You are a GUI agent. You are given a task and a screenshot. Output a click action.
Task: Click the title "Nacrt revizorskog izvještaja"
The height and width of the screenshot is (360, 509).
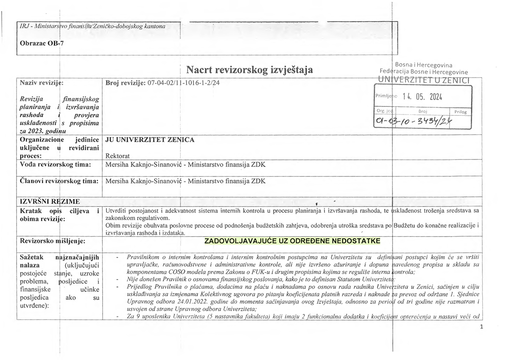(249, 70)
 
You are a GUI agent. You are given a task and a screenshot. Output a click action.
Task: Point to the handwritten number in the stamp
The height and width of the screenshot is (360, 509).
(413, 122)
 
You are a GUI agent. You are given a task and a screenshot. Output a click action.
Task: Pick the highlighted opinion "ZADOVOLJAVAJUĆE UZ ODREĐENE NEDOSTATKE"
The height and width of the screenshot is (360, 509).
(292, 241)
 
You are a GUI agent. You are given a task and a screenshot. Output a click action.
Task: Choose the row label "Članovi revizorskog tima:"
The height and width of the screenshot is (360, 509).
(59, 181)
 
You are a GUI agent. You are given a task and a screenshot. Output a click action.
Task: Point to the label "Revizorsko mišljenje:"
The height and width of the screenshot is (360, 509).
(53, 241)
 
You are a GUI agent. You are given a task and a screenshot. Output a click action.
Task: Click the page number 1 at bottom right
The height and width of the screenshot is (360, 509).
(482, 327)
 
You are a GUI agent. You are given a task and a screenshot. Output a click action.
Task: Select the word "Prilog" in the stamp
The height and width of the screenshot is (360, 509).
(460, 112)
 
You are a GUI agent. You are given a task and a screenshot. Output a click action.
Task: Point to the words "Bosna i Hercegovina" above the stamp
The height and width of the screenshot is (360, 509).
(423, 65)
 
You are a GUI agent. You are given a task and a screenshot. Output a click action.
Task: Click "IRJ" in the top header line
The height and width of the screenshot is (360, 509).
(25, 26)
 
